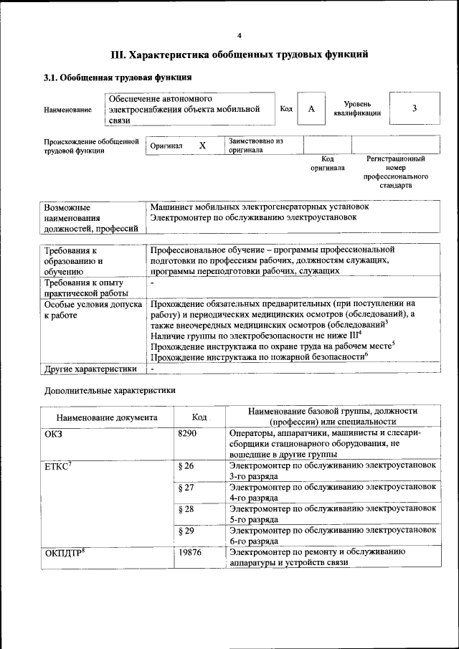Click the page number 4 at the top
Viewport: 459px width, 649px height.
pyautogui.click(x=240, y=35)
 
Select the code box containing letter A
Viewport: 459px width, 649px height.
pyautogui.click(x=311, y=108)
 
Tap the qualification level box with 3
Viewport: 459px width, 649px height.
pyautogui.click(x=414, y=108)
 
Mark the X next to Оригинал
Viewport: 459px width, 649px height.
pyautogui.click(x=202, y=146)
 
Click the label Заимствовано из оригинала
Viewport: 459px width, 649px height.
pyautogui.click(x=256, y=146)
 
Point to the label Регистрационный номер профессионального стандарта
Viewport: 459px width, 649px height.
pyautogui.click(x=395, y=171)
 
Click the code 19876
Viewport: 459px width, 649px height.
pyautogui.click(x=189, y=552)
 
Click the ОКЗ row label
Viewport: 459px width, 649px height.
pyautogui.click(x=54, y=434)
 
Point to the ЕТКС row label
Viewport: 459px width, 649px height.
pyautogui.click(x=58, y=466)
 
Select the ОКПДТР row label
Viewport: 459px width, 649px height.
pyautogui.click(x=65, y=552)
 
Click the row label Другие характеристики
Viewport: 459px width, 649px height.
pyautogui.click(x=90, y=369)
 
